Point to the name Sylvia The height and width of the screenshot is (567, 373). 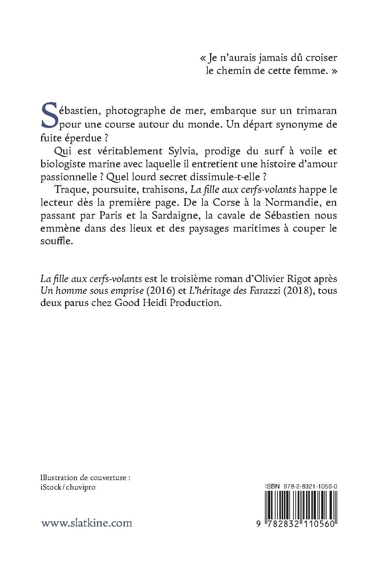pyautogui.click(x=182, y=151)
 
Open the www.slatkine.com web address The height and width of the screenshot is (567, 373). pyautogui.click(x=87, y=523)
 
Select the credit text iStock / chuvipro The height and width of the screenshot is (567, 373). pyautogui.click(x=68, y=487)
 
